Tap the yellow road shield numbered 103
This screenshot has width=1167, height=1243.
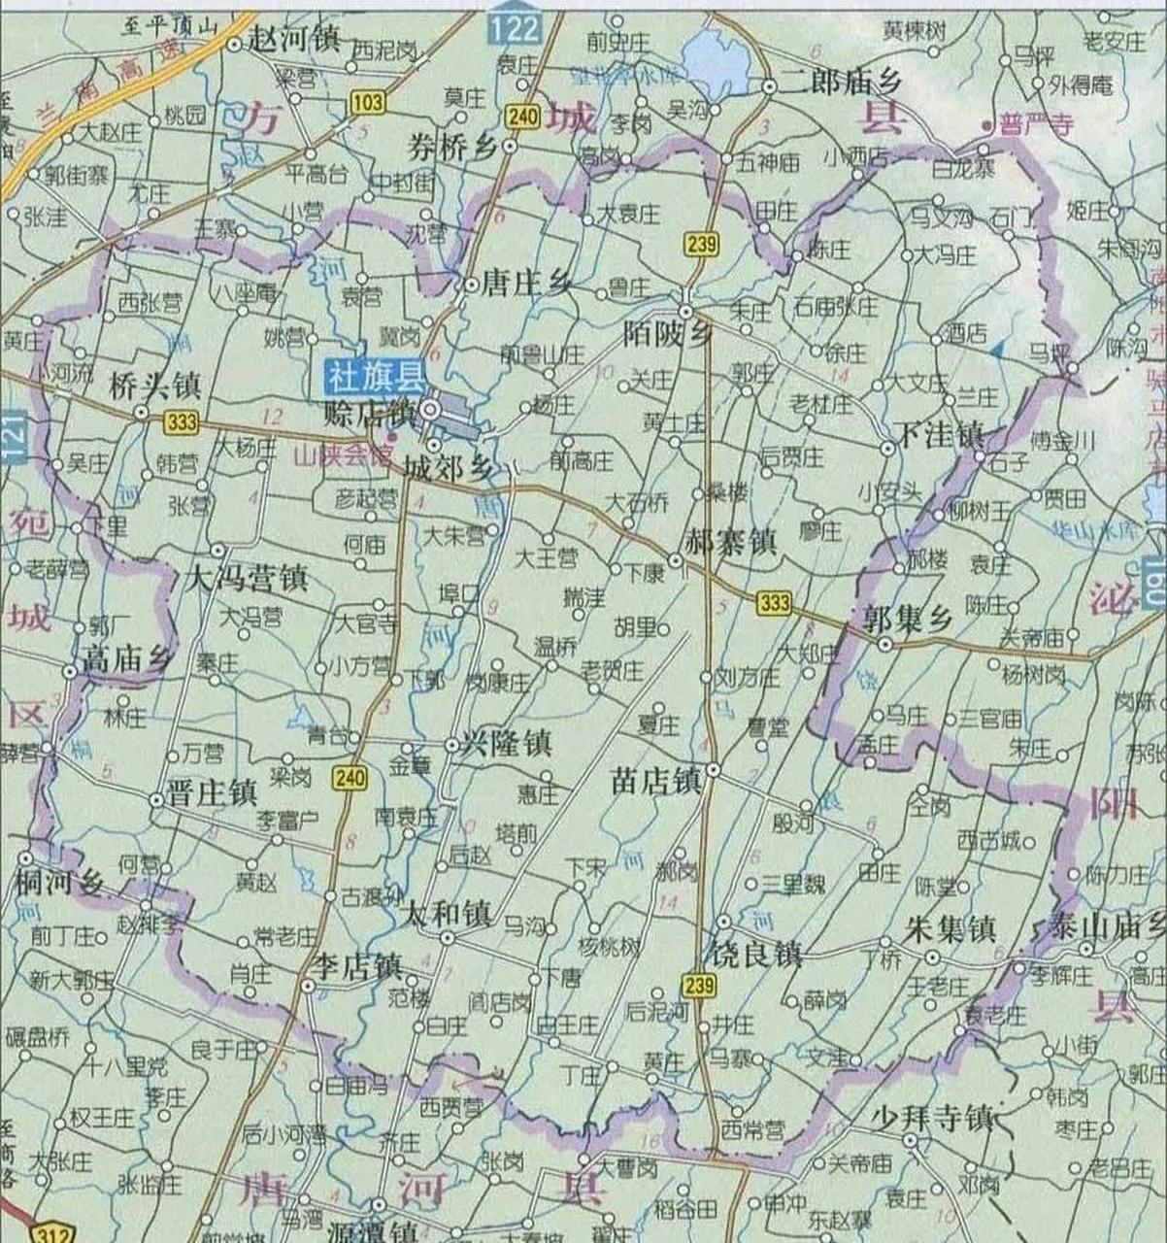pyautogui.click(x=367, y=102)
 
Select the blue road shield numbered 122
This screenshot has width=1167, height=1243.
pyautogui.click(x=514, y=28)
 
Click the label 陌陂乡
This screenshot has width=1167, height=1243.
pyautogui.click(x=669, y=336)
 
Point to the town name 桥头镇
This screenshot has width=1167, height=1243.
pyautogui.click(x=155, y=386)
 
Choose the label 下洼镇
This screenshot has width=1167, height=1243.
pyautogui.click(x=939, y=435)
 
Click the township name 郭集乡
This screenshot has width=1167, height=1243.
pyautogui.click(x=909, y=617)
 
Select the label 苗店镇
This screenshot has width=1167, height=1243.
pyautogui.click(x=656, y=780)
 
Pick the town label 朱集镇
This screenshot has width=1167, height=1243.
pyautogui.click(x=950, y=929)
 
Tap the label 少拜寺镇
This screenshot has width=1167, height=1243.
pyautogui.click(x=931, y=1118)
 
